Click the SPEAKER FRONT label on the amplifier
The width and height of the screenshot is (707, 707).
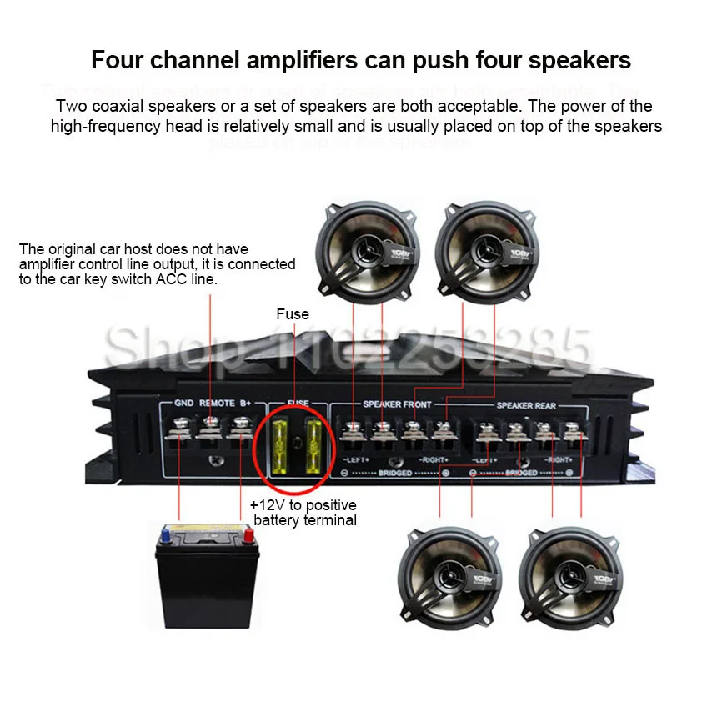pyautogui.click(x=397, y=404)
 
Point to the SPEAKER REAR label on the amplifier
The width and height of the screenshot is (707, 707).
pyautogui.click(x=526, y=406)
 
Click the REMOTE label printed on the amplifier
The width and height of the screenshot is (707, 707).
pyautogui.click(x=216, y=404)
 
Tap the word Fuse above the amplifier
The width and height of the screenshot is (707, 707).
pyautogui.click(x=293, y=314)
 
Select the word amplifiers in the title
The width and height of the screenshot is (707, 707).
pyautogui.click(x=277, y=61)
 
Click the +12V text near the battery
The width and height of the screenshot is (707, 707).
pyautogui.click(x=267, y=506)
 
